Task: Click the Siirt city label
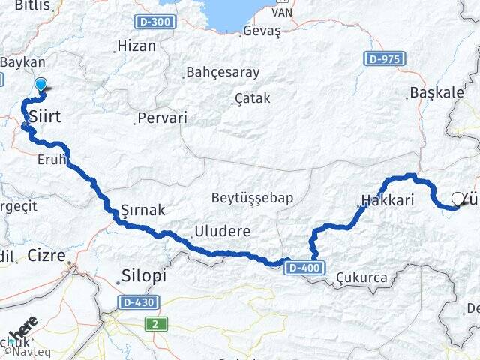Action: click(x=44, y=117)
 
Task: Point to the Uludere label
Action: click(x=222, y=231)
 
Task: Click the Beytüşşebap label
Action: click(x=251, y=198)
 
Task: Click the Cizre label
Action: click(x=46, y=255)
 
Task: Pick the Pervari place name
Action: click(x=162, y=118)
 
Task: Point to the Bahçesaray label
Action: click(x=222, y=73)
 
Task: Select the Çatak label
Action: click(x=251, y=98)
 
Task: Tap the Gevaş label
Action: click(x=262, y=31)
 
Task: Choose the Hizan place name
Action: click(x=136, y=46)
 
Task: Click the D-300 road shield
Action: click(x=155, y=22)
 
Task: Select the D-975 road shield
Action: click(x=385, y=58)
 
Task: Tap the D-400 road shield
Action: click(x=304, y=267)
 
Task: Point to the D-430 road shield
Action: click(x=137, y=302)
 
